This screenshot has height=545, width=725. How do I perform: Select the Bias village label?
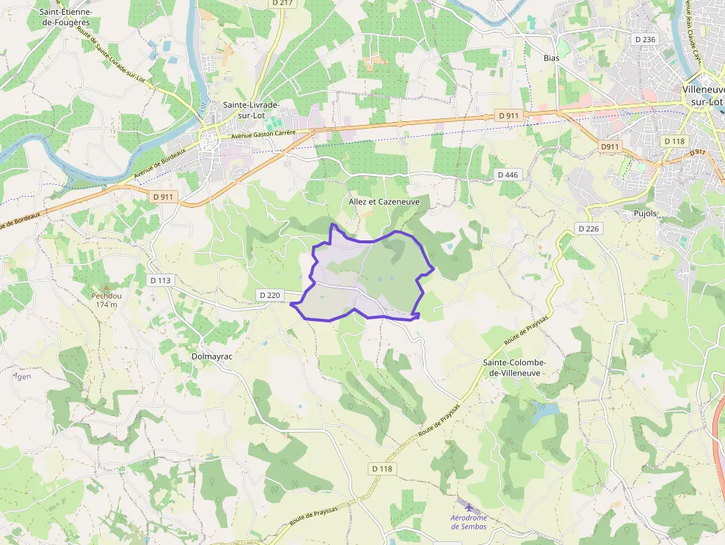(x=551, y=58)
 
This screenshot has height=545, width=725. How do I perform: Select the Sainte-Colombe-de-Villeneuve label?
(x=514, y=368)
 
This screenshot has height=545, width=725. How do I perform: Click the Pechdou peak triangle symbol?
(x=106, y=287)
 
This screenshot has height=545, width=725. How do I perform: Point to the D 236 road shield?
(x=645, y=39)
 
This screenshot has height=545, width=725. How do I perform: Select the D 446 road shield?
(x=508, y=175)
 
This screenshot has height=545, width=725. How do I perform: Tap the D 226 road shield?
(x=588, y=229)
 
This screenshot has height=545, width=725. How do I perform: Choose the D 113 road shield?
(x=160, y=280)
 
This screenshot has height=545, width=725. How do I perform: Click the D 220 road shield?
(x=270, y=295)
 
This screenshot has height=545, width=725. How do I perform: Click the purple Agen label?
(x=22, y=376)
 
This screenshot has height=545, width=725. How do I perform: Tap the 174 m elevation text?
(x=107, y=305)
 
